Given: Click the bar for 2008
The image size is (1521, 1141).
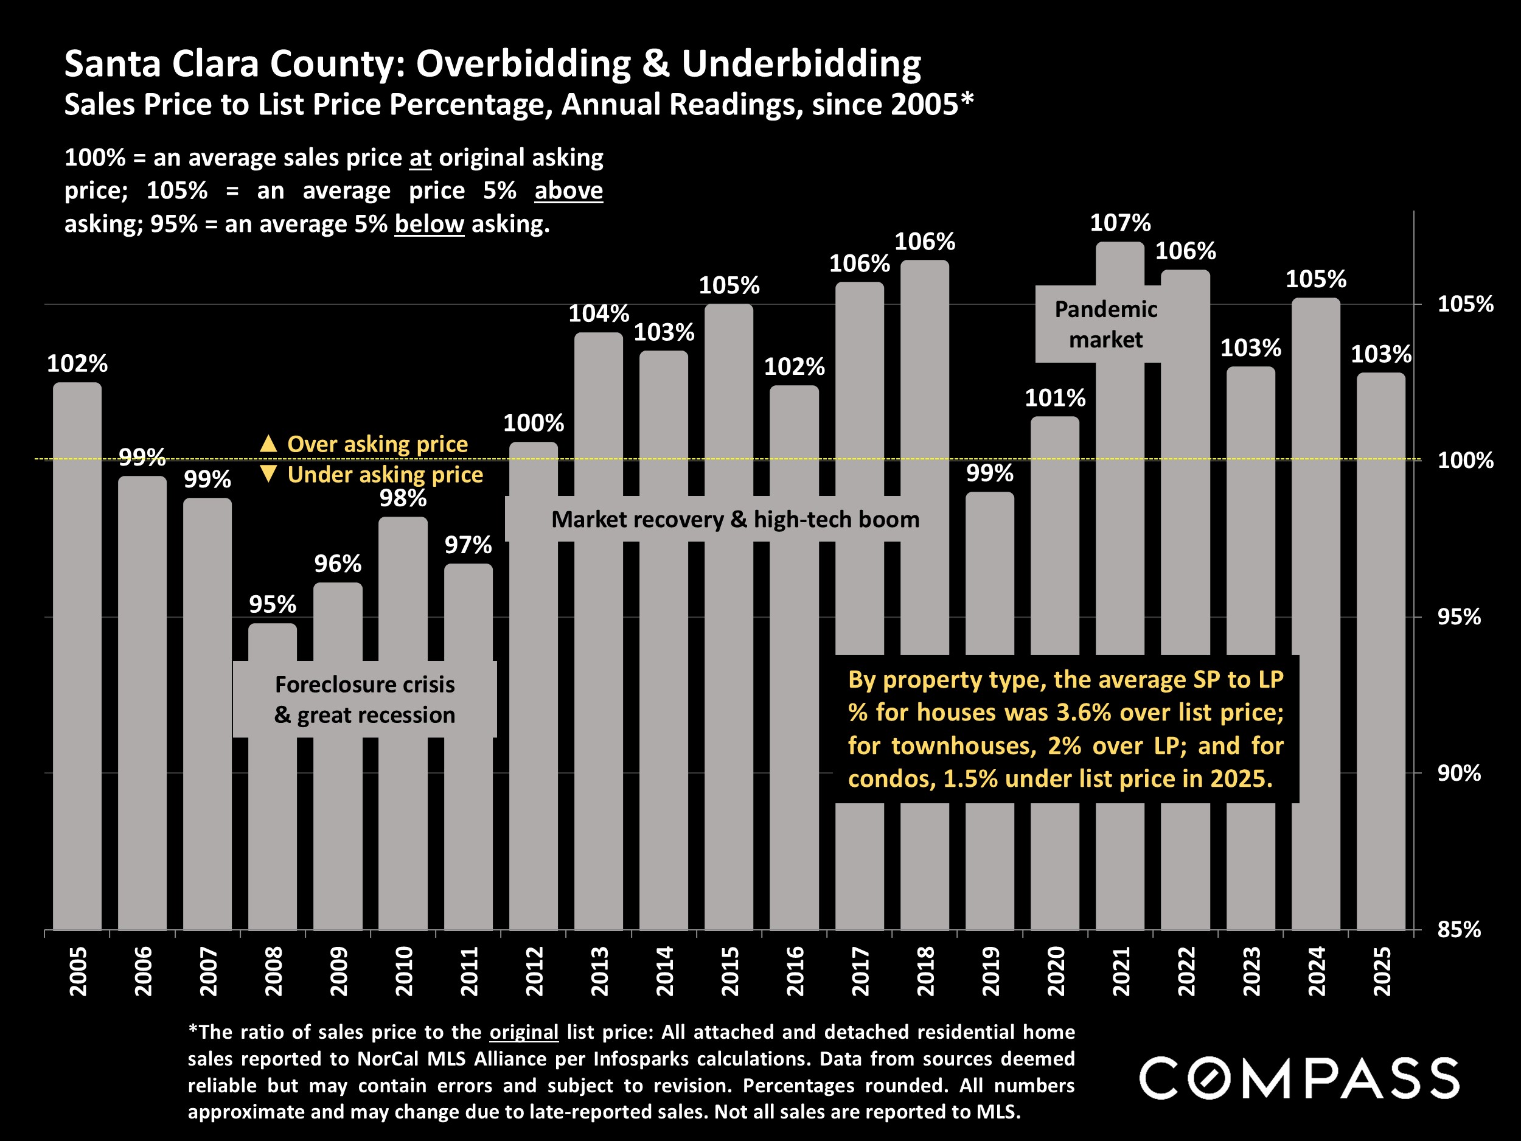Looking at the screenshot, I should [x=273, y=825].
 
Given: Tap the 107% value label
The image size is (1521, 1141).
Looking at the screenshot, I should [x=1120, y=223].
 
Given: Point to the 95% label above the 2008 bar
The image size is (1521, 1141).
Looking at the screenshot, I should [x=273, y=604].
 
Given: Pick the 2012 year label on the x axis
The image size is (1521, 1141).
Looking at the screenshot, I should [x=534, y=971].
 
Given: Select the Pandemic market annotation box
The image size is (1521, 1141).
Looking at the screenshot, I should [x=1105, y=324].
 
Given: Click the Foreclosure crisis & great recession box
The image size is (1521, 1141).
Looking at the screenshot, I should [x=364, y=699].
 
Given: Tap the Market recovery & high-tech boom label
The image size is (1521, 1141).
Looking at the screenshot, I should [x=735, y=519].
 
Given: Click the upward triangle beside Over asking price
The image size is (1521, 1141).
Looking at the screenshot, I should [x=268, y=444].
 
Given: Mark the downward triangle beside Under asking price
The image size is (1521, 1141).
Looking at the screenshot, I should [x=268, y=473].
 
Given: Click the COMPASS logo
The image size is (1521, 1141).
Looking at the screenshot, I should [x=1299, y=1078].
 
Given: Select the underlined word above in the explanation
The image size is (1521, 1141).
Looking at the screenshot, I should [x=568, y=190].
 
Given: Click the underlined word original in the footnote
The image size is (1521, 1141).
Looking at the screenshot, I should [x=523, y=1031].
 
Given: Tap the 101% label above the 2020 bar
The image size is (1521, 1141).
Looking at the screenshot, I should [x=1055, y=397].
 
